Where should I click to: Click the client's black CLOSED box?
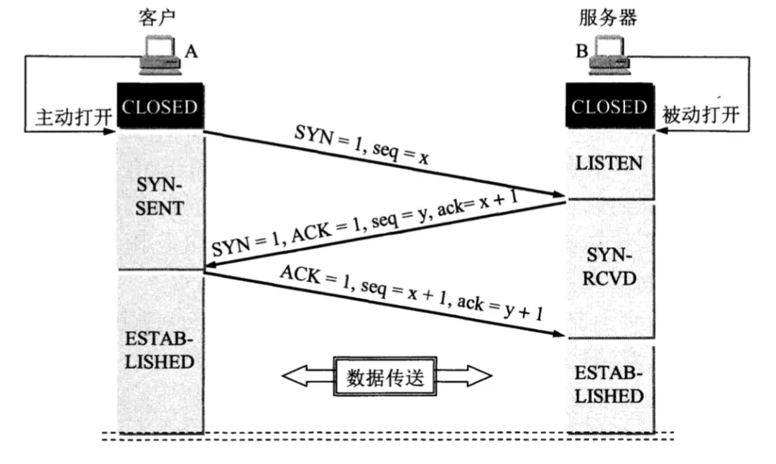click(x=160, y=108)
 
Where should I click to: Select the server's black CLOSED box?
click(x=609, y=108)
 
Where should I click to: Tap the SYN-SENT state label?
click(x=160, y=198)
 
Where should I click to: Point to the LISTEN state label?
click(x=609, y=163)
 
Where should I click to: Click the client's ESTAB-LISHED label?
click(x=160, y=350)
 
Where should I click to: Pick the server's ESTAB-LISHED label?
click(x=609, y=385)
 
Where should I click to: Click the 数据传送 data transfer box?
click(x=386, y=376)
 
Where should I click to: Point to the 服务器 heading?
click(x=608, y=17)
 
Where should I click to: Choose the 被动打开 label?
click(x=701, y=116)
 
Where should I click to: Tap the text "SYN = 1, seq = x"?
click(x=361, y=147)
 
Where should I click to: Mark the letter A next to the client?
click(x=191, y=52)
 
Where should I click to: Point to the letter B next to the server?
click(x=579, y=52)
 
